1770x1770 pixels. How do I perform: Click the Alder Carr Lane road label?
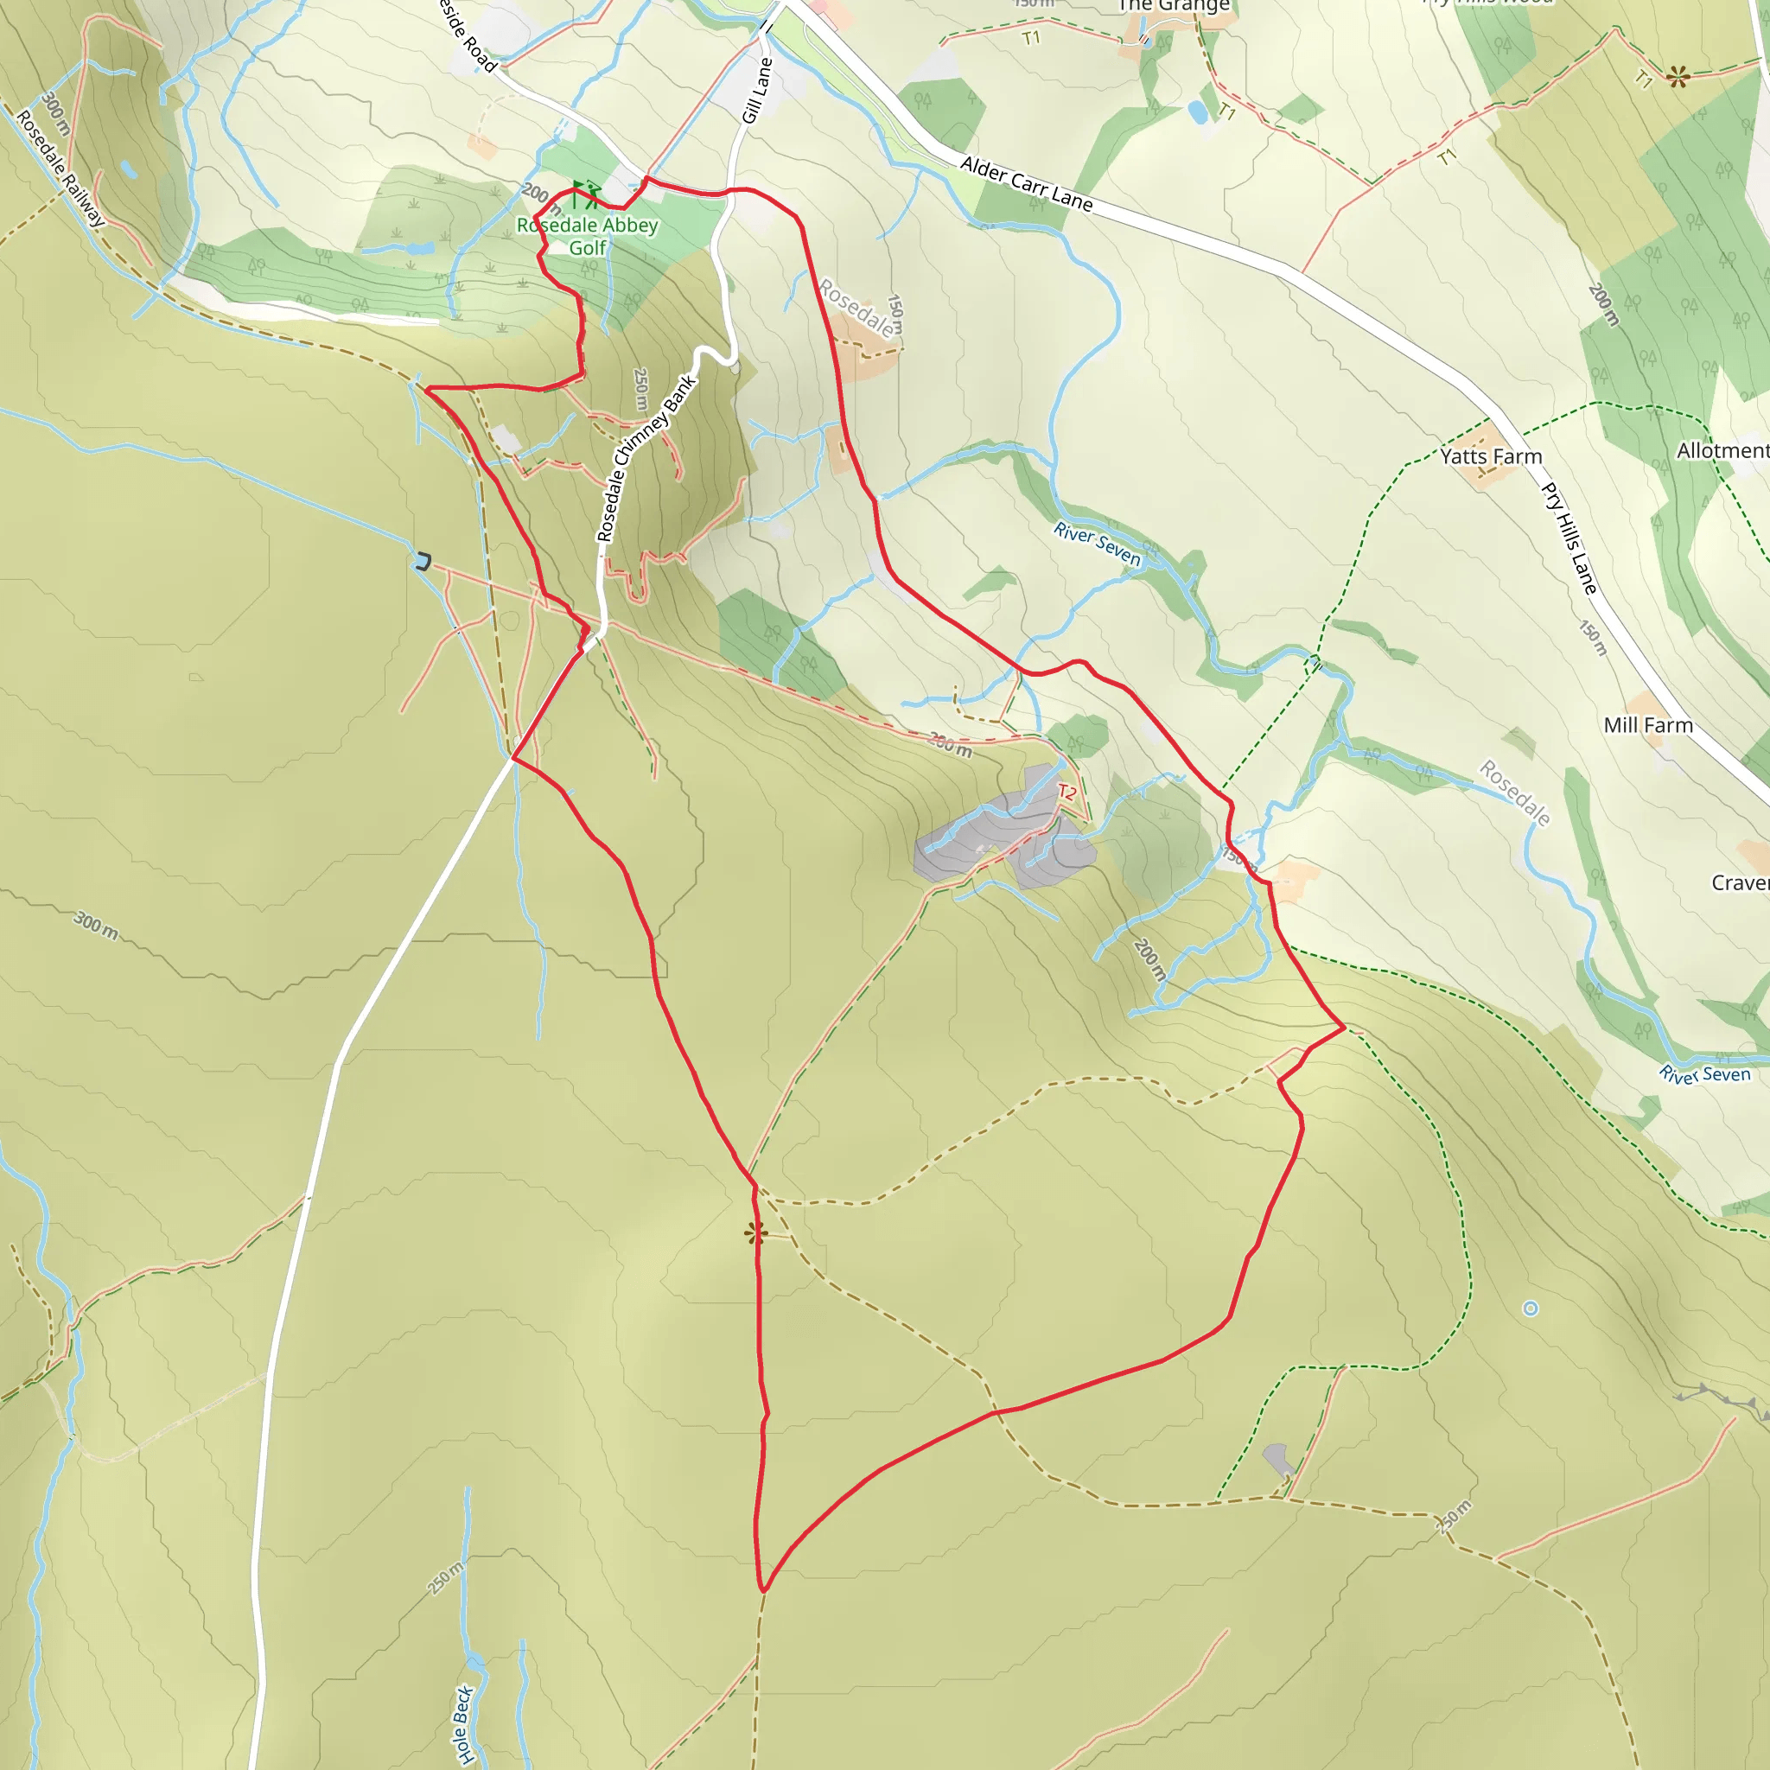click(1026, 184)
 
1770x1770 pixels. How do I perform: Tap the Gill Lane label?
click(758, 90)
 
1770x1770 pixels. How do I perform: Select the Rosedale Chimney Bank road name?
click(645, 458)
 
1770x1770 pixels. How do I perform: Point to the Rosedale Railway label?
click(60, 169)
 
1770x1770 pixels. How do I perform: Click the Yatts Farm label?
click(1491, 456)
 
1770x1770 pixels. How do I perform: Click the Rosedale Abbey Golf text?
click(587, 236)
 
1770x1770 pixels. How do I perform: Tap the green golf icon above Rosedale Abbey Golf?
click(584, 194)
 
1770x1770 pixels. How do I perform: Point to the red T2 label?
click(1066, 793)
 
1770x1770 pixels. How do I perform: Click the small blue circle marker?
click(1530, 1309)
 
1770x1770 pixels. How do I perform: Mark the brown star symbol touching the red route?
click(754, 1233)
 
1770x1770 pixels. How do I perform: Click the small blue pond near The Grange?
click(1196, 112)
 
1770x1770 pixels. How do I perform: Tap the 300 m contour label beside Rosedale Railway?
click(55, 113)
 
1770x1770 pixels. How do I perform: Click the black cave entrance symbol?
click(423, 562)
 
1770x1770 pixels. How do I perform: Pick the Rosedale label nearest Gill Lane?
click(856, 308)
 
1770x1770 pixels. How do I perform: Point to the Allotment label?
click(1722, 451)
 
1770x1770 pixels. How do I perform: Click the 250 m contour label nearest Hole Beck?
click(445, 1578)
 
